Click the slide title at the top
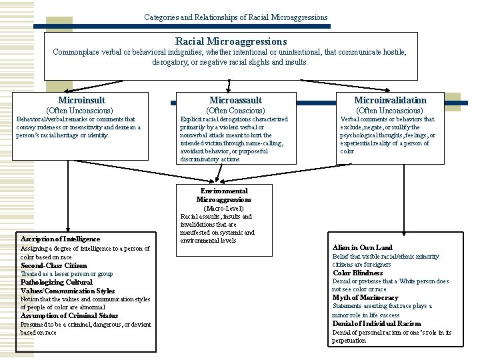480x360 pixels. (x=236, y=17)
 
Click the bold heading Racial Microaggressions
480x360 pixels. (x=231, y=41)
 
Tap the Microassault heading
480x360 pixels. (x=230, y=99)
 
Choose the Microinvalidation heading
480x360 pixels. (x=390, y=99)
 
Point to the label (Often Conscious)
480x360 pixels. (x=236, y=110)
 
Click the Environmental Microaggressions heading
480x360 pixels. (x=224, y=195)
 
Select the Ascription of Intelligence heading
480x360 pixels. (x=60, y=239)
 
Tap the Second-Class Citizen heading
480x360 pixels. (x=53, y=265)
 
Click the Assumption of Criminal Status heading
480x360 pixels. (x=69, y=315)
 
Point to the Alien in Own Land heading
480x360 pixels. (x=363, y=247)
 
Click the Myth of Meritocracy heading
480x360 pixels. (x=365, y=297)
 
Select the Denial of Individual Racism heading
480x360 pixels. (x=377, y=323)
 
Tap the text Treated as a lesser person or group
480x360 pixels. (x=67, y=274)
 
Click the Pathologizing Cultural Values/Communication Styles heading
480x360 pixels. (x=68, y=287)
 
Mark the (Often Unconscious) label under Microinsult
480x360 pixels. (x=79, y=110)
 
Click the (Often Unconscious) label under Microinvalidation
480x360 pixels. (x=390, y=110)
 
